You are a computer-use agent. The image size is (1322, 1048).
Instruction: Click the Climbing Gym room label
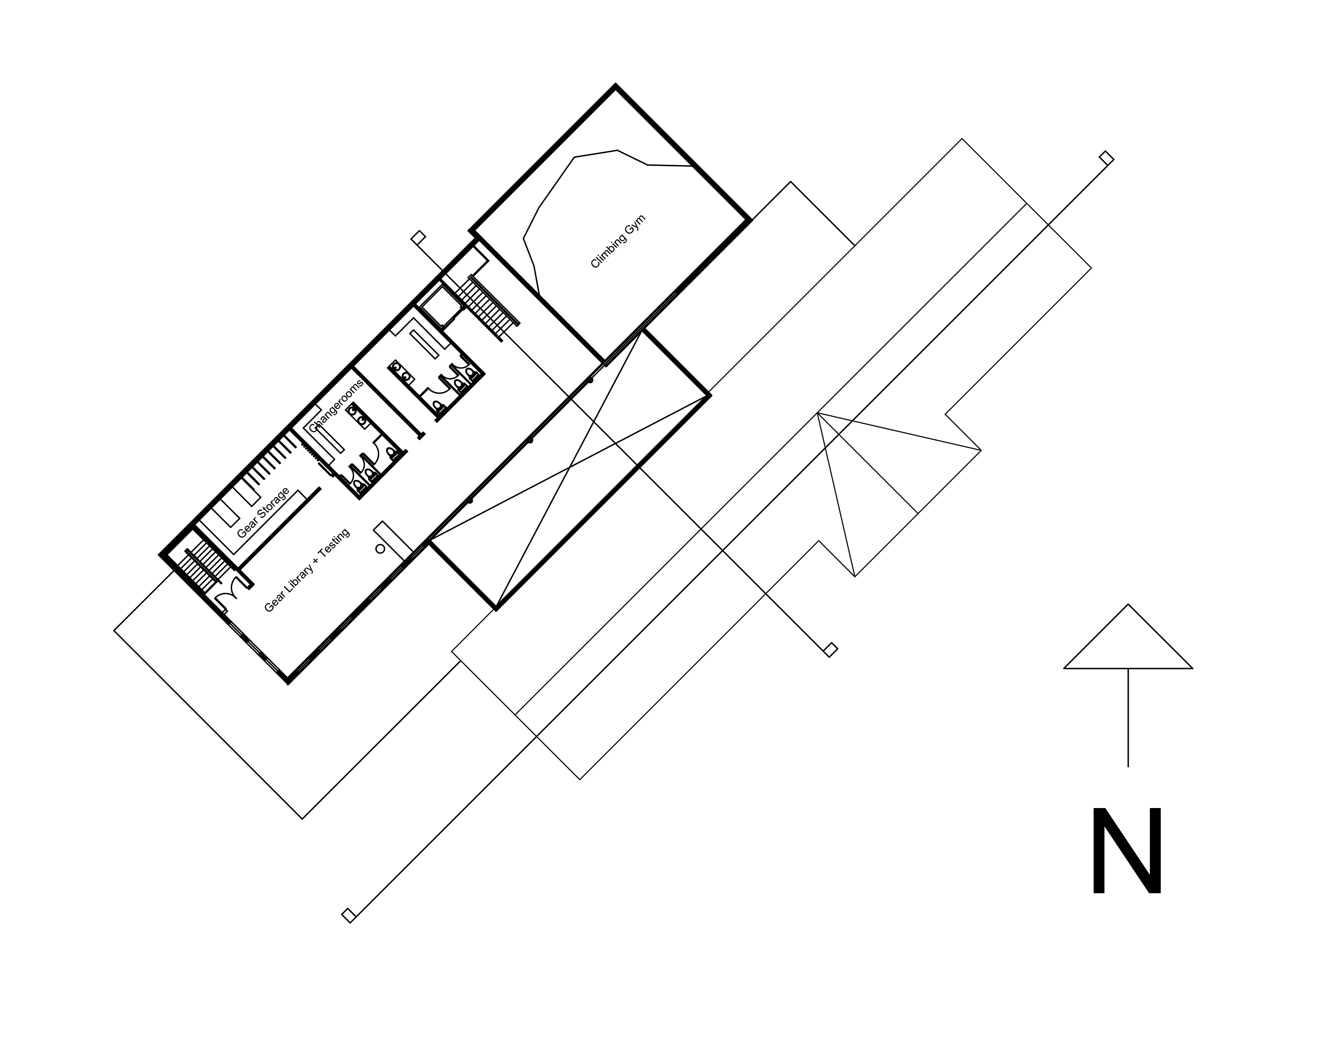(618, 241)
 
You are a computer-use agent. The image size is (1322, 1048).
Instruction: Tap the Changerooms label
(336, 406)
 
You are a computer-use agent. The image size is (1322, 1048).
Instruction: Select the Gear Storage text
(263, 513)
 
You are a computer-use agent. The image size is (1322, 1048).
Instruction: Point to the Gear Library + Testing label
(307, 570)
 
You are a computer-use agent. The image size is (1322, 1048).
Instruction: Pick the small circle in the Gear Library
(380, 549)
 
